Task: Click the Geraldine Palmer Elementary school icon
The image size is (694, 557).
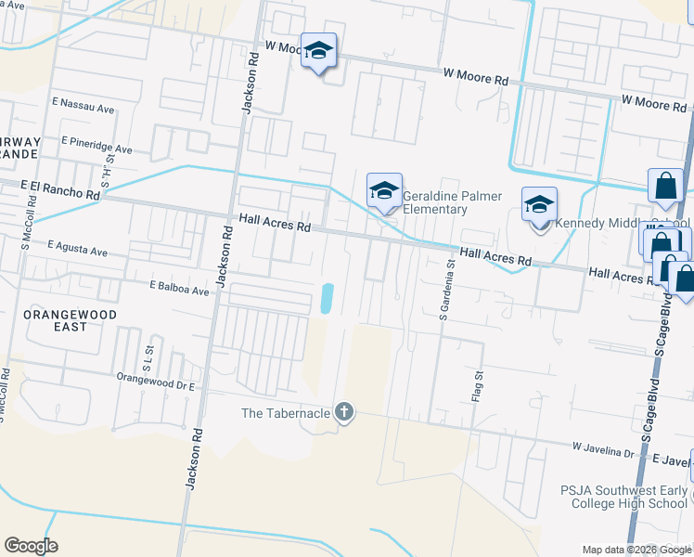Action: (x=384, y=191)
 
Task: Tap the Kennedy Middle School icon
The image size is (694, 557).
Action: (x=539, y=204)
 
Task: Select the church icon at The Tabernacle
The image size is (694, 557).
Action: (x=344, y=412)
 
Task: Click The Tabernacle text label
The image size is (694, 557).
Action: (x=285, y=413)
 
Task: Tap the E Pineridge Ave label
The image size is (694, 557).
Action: (x=96, y=148)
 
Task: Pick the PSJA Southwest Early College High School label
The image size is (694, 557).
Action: (x=623, y=497)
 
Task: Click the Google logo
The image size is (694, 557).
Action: (x=31, y=545)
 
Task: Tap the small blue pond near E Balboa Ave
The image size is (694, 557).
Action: (x=326, y=298)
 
